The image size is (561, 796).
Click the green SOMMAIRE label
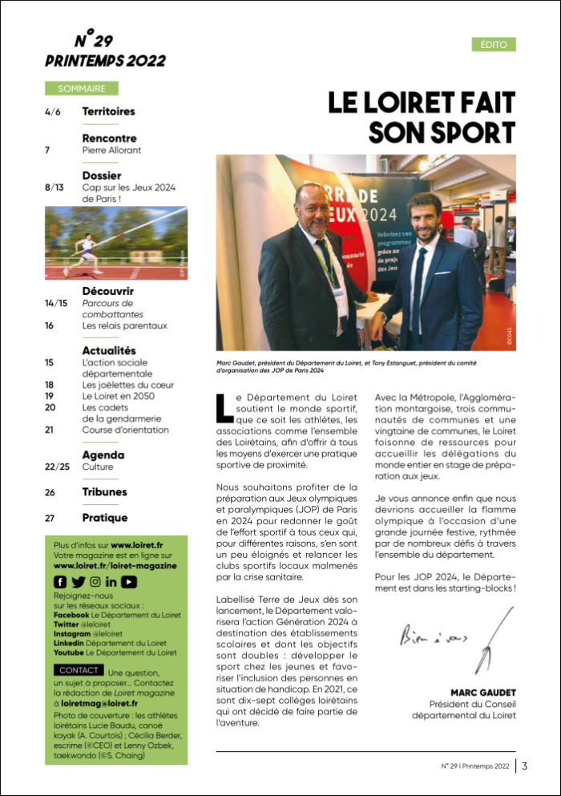click(82, 88)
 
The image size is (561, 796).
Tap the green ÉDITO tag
click(493, 44)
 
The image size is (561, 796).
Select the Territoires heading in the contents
click(108, 111)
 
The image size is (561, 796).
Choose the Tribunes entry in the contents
click(104, 491)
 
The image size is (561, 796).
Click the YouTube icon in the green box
click(129, 581)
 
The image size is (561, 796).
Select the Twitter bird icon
click(78, 581)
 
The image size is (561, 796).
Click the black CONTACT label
click(79, 669)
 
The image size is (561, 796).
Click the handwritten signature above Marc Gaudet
click(457, 641)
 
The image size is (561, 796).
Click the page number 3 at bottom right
click(524, 765)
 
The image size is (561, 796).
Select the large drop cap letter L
click(224, 407)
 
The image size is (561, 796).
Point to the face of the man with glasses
click(311, 205)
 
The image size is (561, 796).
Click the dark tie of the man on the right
click(417, 295)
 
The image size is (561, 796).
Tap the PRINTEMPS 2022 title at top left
click(105, 61)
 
